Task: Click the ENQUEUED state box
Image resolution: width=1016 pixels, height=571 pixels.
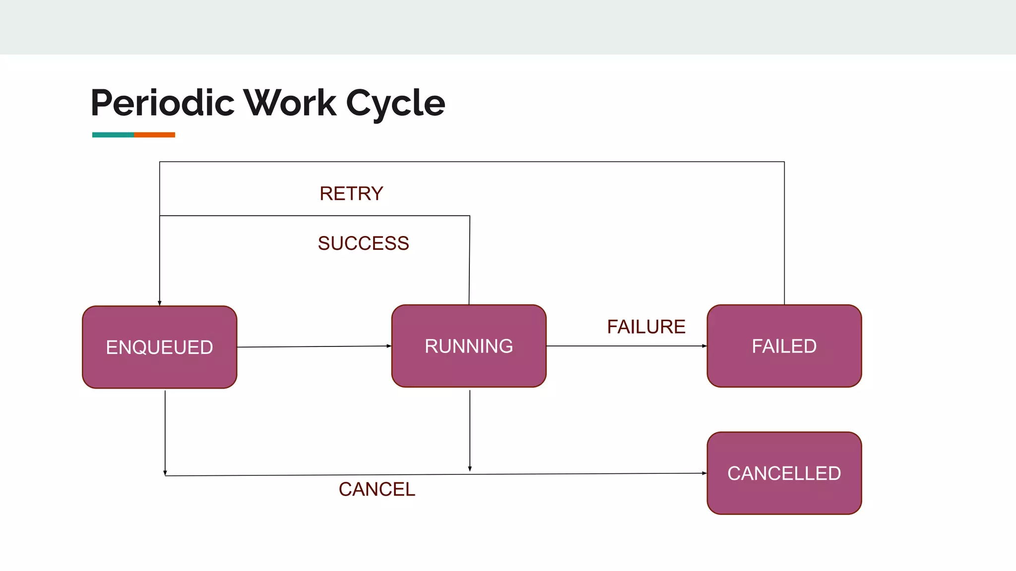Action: [x=159, y=347]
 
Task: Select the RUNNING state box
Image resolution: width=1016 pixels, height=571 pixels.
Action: [x=469, y=346]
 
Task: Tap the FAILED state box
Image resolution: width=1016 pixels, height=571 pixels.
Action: [x=784, y=346]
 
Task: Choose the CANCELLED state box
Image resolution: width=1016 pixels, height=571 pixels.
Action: [x=784, y=473]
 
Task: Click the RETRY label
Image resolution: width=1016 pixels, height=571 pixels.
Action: [x=351, y=193]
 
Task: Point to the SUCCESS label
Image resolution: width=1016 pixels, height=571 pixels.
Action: [x=363, y=243]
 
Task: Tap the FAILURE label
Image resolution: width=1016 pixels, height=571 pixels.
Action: [x=646, y=327]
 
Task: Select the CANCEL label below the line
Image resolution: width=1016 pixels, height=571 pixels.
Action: [x=377, y=489]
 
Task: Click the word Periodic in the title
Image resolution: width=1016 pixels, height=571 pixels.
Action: [x=163, y=103]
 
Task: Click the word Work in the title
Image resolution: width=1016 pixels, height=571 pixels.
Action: [x=290, y=103]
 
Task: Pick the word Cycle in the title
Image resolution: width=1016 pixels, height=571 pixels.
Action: [x=395, y=103]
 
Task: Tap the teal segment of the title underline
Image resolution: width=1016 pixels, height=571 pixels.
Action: [x=113, y=135]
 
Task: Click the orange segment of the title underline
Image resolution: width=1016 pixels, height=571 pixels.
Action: [x=154, y=135]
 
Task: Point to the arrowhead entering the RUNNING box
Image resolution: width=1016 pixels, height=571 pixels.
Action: [x=389, y=346]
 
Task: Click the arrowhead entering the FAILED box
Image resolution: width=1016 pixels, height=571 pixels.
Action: [x=704, y=346]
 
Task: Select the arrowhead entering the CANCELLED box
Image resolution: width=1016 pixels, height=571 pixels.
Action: [x=704, y=473]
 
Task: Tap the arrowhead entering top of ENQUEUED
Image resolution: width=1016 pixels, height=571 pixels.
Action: [x=160, y=303]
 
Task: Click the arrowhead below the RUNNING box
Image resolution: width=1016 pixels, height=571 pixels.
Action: [x=470, y=468]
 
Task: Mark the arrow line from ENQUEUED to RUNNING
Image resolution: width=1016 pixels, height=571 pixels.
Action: [x=313, y=346]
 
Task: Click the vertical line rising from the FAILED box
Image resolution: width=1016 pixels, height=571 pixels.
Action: [x=784, y=233]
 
